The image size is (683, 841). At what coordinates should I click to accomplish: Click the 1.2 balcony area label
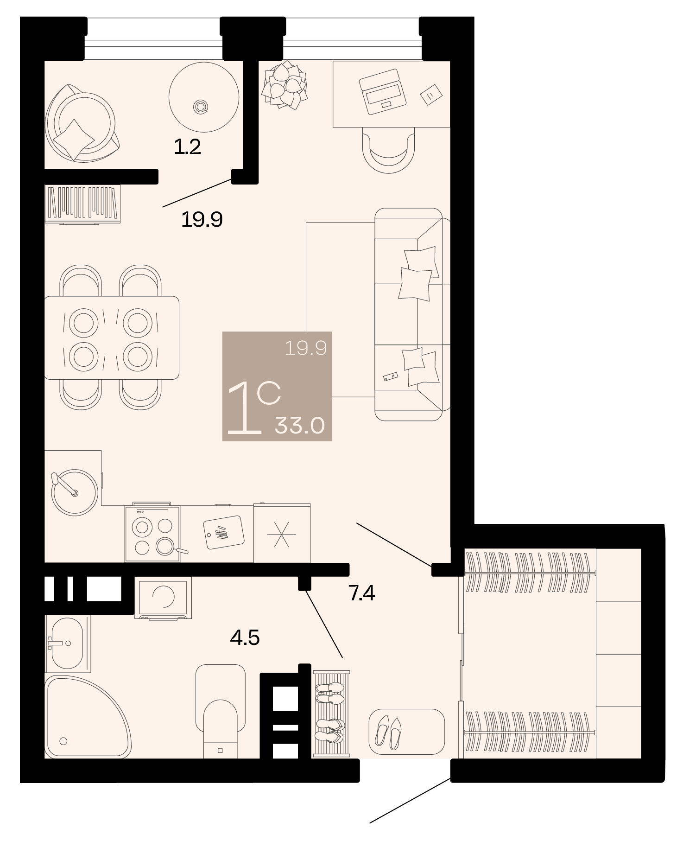tap(187, 147)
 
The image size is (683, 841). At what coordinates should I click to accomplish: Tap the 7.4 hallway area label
tap(361, 593)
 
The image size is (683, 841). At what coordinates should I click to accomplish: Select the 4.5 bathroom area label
tap(245, 638)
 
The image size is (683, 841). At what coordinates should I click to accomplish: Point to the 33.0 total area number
tap(300, 425)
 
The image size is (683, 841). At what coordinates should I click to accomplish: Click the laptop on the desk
tap(382, 92)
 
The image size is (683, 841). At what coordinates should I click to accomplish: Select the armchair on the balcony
tap(82, 123)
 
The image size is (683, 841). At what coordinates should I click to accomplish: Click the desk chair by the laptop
tap(388, 150)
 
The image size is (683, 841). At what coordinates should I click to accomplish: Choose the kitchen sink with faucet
tap(74, 492)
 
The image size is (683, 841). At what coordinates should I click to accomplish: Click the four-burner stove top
tap(152, 534)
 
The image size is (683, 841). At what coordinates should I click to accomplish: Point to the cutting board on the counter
tap(224, 532)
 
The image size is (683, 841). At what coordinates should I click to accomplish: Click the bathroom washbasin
tap(67, 643)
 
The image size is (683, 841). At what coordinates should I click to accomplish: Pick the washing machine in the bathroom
tap(163, 598)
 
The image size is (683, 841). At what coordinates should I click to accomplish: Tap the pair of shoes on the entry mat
tap(388, 732)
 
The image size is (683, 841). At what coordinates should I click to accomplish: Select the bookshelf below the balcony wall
tap(82, 204)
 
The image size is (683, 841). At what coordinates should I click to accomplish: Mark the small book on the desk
tap(431, 95)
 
